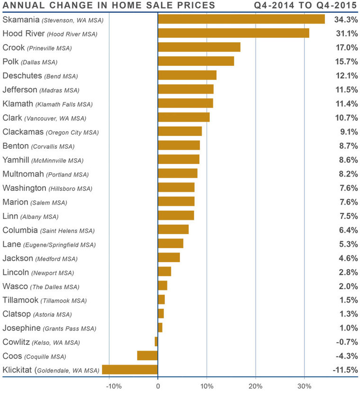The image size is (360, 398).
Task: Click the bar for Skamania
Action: [241, 19]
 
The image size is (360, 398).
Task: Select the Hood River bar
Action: [233, 33]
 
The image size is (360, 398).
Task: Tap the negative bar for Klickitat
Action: [130, 370]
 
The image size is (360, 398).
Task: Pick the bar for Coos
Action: [147, 355]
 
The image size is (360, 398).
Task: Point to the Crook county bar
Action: [199, 47]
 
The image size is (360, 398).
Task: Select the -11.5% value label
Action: [344, 370]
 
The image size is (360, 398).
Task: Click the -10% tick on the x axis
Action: [114, 386]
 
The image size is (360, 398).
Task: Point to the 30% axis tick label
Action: [304, 386]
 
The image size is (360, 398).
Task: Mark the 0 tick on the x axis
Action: [158, 386]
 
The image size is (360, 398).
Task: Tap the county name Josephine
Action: [21, 327]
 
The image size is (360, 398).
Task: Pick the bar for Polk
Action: [196, 61]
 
